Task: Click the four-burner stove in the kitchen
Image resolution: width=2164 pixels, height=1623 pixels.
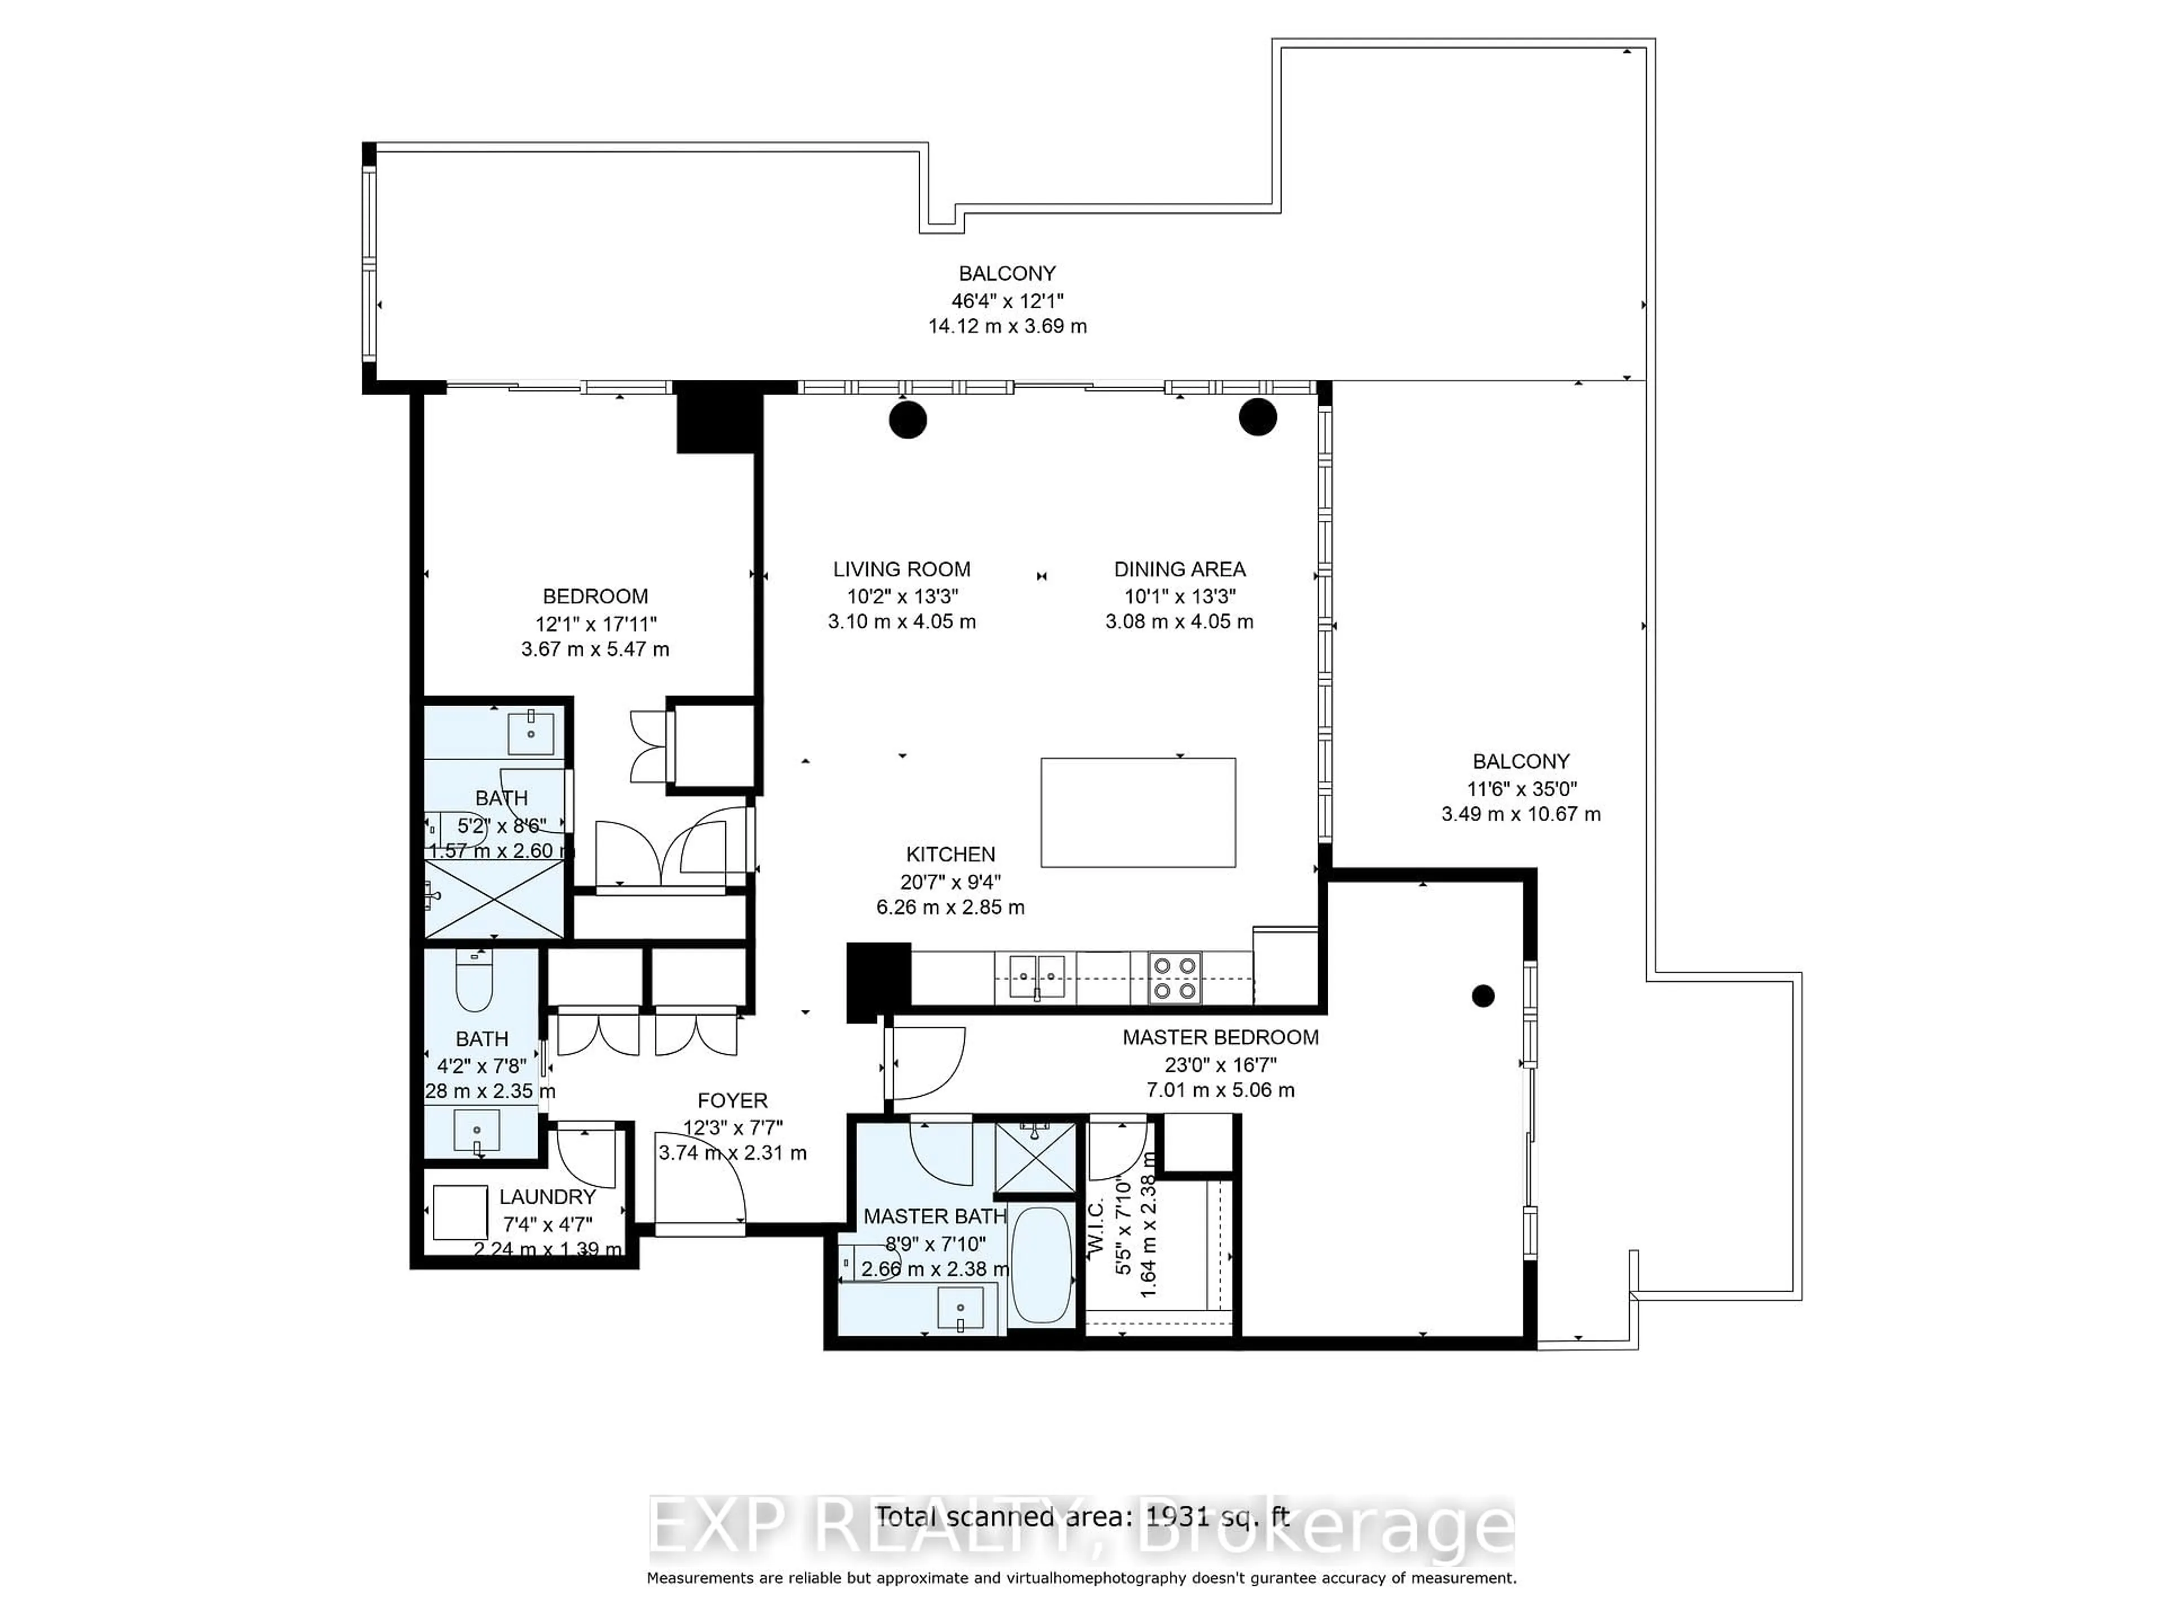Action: click(x=1174, y=978)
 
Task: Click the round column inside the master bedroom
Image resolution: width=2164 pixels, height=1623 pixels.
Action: click(x=1483, y=996)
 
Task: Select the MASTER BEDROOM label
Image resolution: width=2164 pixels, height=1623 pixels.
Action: click(x=1220, y=1037)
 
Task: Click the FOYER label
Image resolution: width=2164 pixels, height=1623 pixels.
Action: click(x=732, y=1101)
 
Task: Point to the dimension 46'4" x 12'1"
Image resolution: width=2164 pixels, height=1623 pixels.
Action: click(x=1006, y=300)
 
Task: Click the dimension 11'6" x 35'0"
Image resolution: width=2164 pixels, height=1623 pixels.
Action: click(x=1520, y=787)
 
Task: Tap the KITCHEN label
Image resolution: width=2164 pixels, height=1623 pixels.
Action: click(x=950, y=854)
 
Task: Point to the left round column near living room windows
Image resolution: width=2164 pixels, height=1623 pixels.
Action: click(x=908, y=420)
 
